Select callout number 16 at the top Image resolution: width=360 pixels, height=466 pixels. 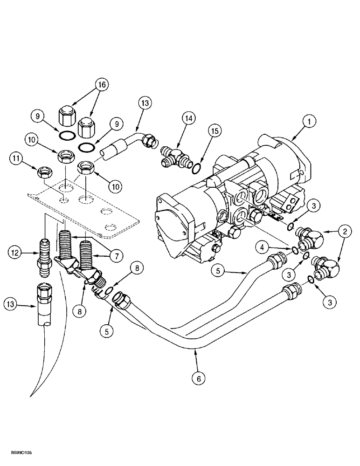[x=101, y=85]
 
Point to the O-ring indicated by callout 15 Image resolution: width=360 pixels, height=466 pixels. [x=197, y=167]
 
